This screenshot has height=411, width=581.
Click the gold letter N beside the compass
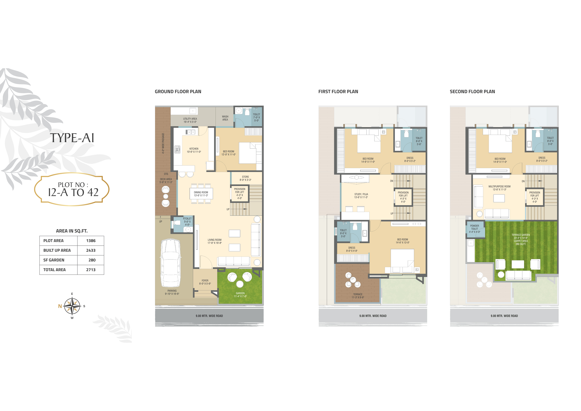tap(60, 306)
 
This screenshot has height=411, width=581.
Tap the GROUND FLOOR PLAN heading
tap(178, 92)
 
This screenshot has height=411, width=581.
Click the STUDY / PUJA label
tap(361, 194)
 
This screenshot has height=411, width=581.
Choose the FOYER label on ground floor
tap(205, 281)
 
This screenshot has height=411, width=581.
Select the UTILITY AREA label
tap(190, 119)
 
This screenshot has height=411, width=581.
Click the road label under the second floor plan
tap(504, 316)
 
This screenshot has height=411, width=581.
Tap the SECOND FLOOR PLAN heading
tap(472, 92)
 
